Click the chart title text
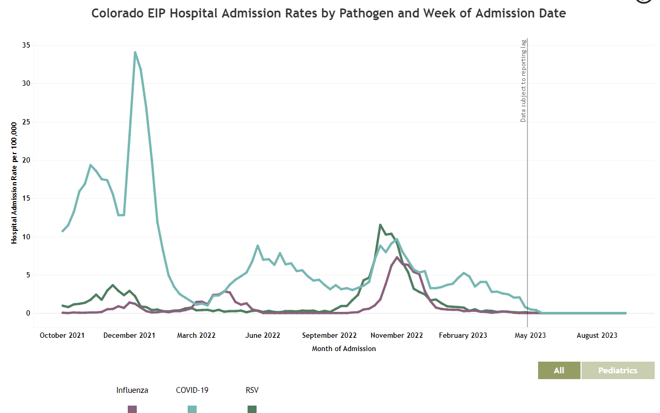[328, 14]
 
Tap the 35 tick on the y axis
[25, 46]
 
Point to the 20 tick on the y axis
[25, 160]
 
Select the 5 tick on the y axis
[27, 275]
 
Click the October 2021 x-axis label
[62, 336]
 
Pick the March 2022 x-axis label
[196, 336]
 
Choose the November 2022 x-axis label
[397, 336]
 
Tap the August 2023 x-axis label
[597, 336]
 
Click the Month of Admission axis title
[344, 349]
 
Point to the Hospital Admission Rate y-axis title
[14, 183]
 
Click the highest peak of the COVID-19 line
[135, 52]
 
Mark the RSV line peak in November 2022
[380, 225]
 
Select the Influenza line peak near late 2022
[397, 257]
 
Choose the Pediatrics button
[618, 371]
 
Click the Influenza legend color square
[133, 409]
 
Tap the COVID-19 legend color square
[192, 409]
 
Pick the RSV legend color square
[252, 409]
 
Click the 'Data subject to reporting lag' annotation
[523, 80]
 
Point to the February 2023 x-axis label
[463, 336]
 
